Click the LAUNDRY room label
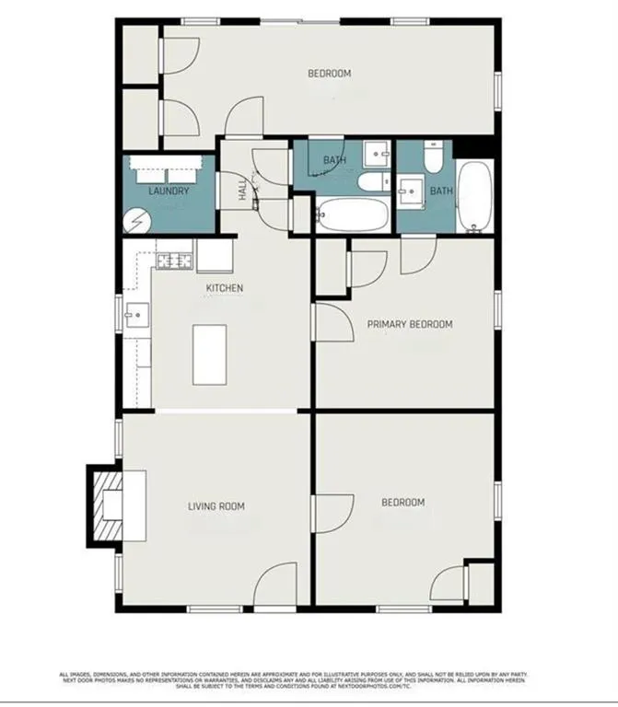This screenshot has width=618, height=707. (169, 191)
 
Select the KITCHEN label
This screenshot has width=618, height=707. (225, 288)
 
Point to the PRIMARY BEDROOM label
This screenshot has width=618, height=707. (410, 324)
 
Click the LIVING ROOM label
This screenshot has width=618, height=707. (216, 505)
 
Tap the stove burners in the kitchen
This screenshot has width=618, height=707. (175, 261)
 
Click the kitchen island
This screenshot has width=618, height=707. (210, 354)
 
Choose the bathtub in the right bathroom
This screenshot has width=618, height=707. (474, 196)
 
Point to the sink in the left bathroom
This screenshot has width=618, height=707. (375, 153)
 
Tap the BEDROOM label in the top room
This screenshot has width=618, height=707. (329, 74)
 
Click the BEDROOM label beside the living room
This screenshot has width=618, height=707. (403, 503)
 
